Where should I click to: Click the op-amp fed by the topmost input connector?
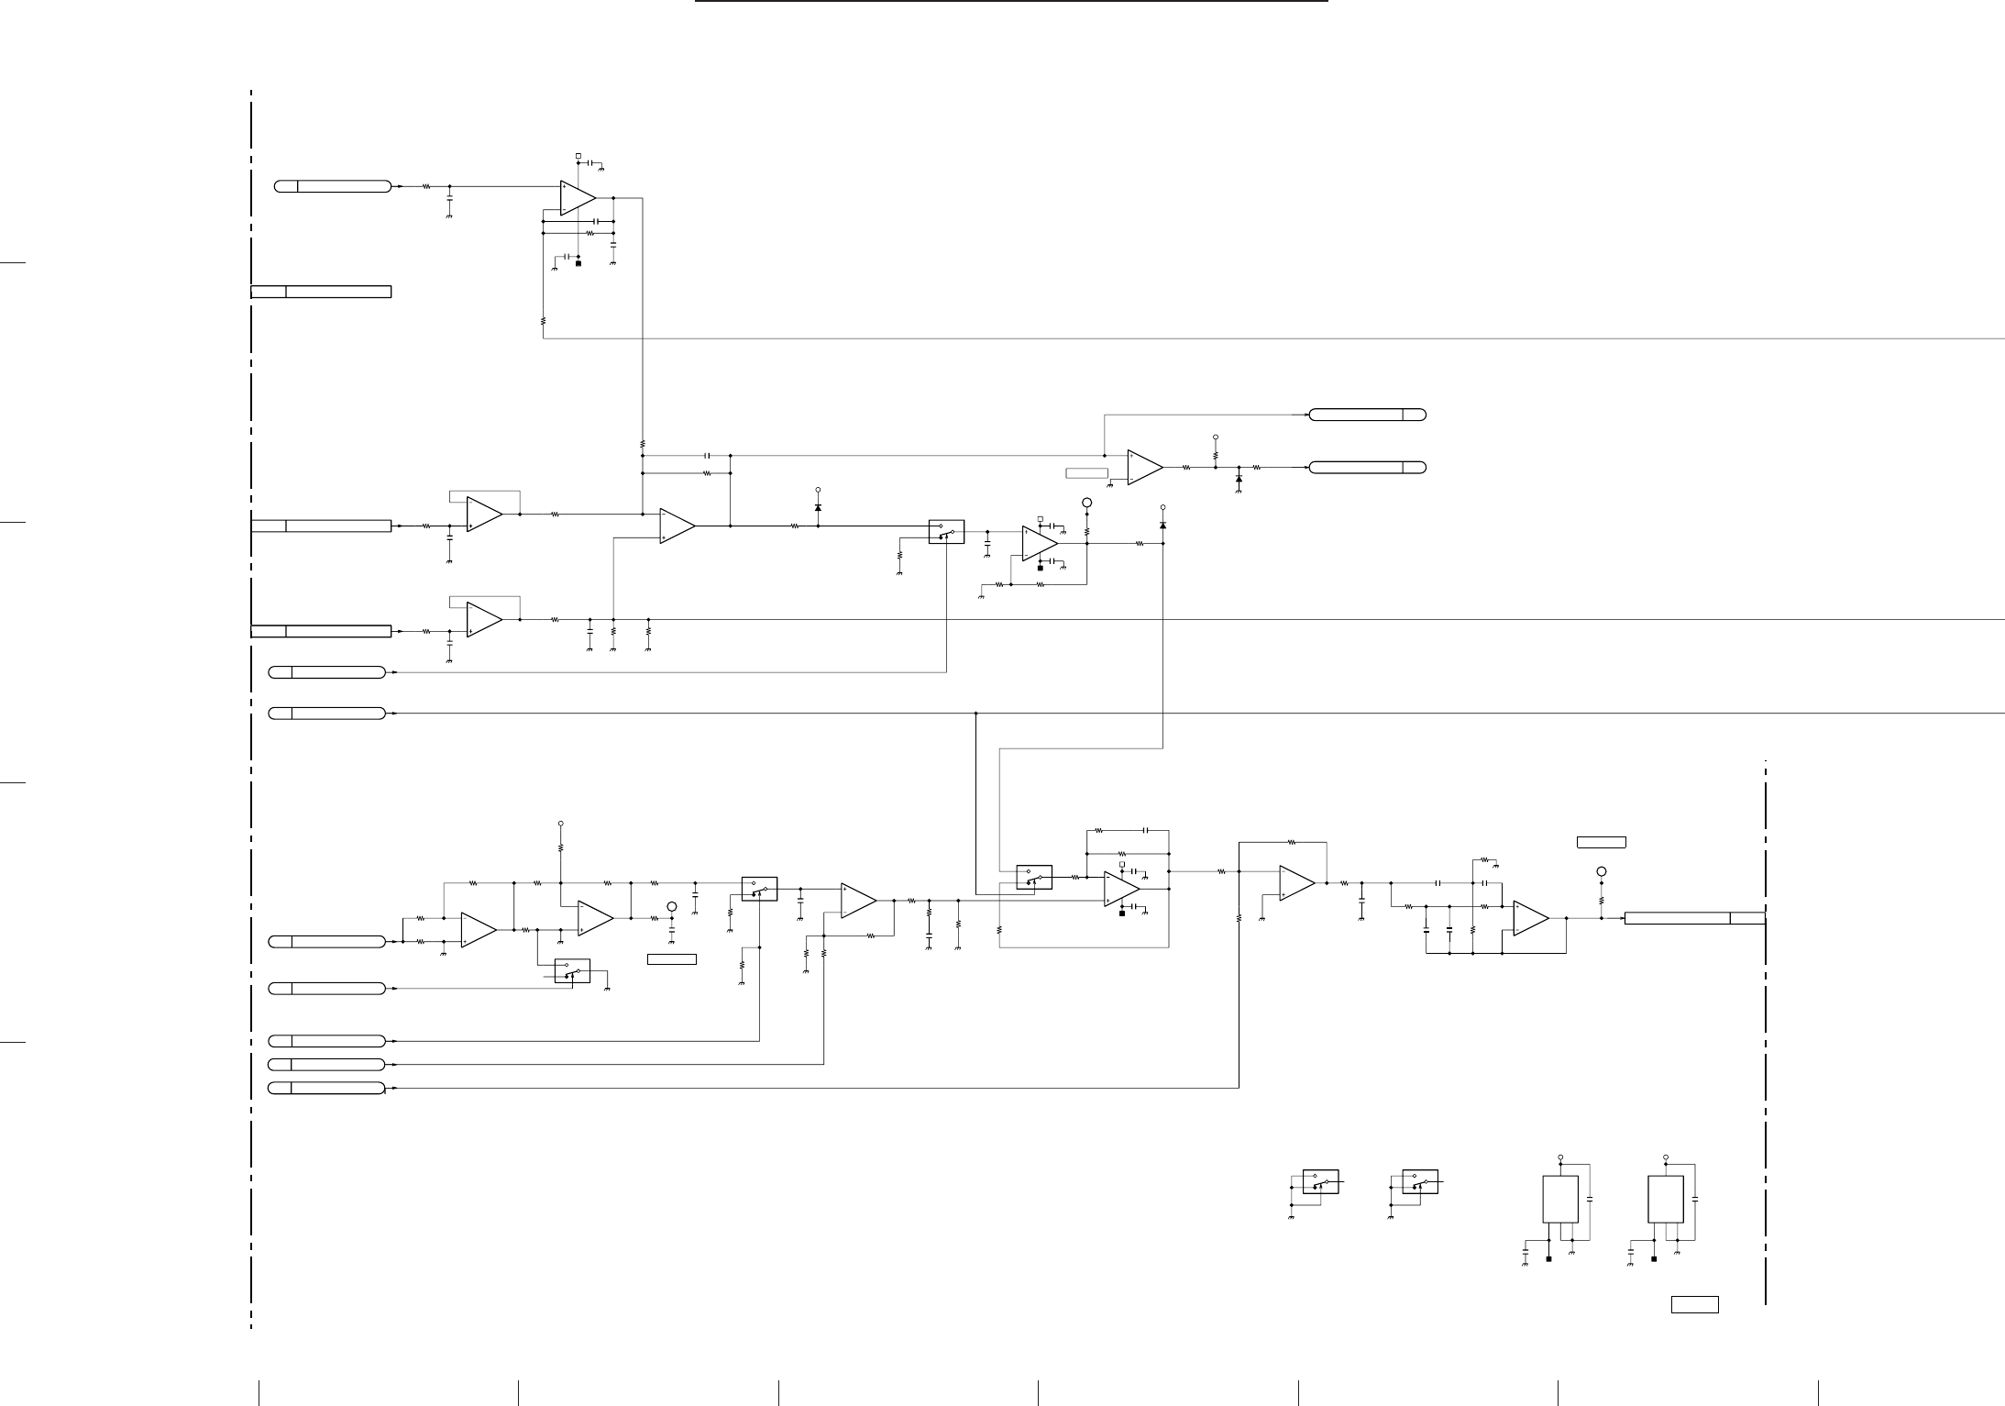tap(578, 197)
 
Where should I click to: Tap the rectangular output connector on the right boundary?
tap(1694, 918)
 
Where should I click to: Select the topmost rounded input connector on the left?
tap(332, 186)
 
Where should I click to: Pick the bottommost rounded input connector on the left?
tap(326, 1088)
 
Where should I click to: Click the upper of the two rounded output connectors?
tap(1367, 415)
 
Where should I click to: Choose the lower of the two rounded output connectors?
tap(1367, 468)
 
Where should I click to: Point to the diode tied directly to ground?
tap(1239, 479)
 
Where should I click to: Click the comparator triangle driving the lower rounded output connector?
tap(1144, 468)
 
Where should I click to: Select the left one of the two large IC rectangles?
tap(1559, 1199)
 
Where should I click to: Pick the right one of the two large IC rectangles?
tap(1665, 1199)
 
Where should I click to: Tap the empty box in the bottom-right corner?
tap(1694, 1304)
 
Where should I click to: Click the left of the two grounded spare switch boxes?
tap(1320, 1181)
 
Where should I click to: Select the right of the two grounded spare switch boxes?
tap(1419, 1181)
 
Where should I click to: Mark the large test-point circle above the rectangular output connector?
tap(1602, 871)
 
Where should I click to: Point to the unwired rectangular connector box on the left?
tap(321, 292)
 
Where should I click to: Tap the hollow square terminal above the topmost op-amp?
tap(578, 156)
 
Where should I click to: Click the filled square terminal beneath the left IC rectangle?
tap(1548, 1259)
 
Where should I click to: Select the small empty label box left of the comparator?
tap(1086, 473)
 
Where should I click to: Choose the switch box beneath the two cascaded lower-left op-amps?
tap(572, 970)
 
